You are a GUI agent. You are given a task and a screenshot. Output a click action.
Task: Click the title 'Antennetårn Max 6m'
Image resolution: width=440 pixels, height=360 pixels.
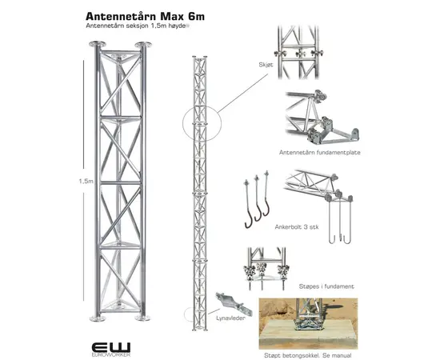pos(145,16)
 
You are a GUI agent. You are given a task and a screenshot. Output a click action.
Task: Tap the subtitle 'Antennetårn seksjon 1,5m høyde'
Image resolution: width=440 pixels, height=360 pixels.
pos(136,26)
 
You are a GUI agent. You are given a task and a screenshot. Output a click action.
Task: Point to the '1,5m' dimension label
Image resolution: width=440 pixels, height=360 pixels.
pos(86,181)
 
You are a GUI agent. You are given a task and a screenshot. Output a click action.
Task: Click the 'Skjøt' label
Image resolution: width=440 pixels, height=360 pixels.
pos(266,65)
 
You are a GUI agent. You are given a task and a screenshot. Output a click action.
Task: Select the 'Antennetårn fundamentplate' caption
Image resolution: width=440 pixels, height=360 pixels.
pos(320,152)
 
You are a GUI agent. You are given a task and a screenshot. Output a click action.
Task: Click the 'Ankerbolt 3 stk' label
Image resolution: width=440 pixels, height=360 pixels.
pos(297,226)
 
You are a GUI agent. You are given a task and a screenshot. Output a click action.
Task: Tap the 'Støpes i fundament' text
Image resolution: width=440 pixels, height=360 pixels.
pos(326,286)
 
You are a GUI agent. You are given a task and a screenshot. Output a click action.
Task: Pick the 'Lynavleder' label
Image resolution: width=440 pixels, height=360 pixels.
pos(230,318)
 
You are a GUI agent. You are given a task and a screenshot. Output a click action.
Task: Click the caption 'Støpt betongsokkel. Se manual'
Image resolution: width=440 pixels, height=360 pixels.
pos(307,355)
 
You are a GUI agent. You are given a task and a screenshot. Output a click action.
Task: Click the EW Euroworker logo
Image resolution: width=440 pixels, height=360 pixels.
pos(111,349)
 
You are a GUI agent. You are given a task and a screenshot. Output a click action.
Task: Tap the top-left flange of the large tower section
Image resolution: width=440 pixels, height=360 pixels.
pos(98,44)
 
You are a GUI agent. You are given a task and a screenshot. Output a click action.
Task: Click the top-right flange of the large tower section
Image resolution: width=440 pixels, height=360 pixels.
pos(143,45)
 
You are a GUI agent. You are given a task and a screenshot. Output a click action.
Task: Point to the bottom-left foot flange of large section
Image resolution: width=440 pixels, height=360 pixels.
pos(98,318)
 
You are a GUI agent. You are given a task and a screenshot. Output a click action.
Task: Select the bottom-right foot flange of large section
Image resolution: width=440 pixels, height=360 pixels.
pos(143,318)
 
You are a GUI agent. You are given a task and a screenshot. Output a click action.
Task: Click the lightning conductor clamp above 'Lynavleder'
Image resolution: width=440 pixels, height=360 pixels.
pos(234,304)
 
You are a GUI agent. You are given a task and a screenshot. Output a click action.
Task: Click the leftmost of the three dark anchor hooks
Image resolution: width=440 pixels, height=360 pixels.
pos(248,204)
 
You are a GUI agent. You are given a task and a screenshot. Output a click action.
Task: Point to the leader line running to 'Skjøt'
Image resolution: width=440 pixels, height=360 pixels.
pos(243,93)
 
